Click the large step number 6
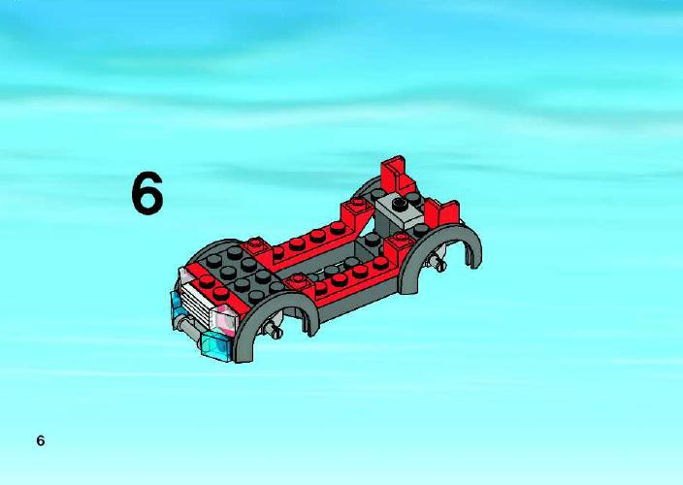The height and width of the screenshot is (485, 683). click(x=147, y=193)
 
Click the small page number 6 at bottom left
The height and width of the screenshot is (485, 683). click(x=41, y=440)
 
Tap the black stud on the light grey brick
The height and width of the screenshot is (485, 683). click(x=398, y=203)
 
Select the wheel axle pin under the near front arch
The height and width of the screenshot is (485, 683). click(x=275, y=329)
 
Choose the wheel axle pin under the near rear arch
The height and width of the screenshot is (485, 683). click(x=438, y=262)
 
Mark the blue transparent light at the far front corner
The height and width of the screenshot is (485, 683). click(x=178, y=305)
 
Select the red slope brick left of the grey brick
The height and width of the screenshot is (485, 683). click(x=357, y=214)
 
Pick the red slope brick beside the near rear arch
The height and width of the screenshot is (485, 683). click(x=397, y=246)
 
